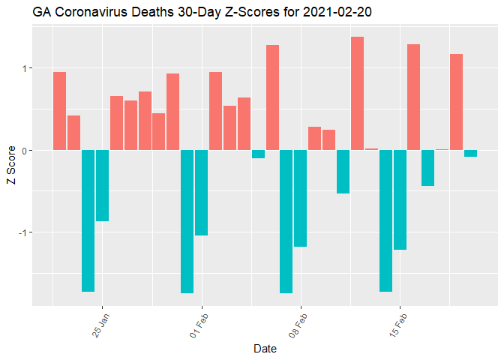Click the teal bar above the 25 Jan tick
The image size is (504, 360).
pyautogui.click(x=102, y=185)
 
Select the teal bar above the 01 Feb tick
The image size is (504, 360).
pyautogui.click(x=201, y=193)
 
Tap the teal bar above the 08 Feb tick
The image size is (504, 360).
pyautogui.click(x=300, y=198)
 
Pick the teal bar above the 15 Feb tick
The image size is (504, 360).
pyautogui.click(x=399, y=199)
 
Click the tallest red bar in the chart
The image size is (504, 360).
pyautogui.click(x=357, y=93)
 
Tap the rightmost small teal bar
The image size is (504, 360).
pyautogui.click(x=470, y=153)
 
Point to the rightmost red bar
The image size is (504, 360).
pyautogui.click(x=456, y=102)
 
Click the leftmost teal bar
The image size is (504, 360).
pyautogui.click(x=88, y=220)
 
